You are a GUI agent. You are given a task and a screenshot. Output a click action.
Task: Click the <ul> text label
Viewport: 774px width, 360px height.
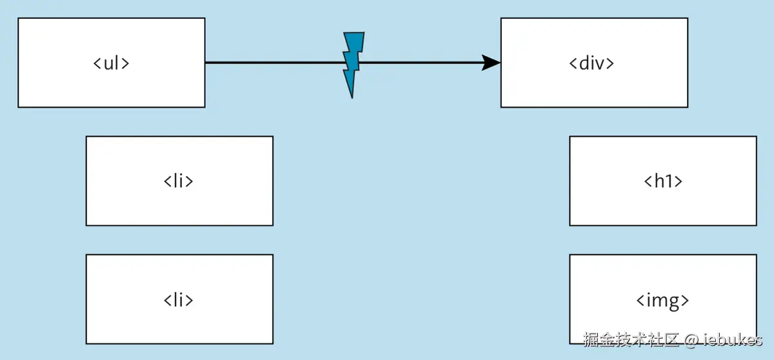pos(112,63)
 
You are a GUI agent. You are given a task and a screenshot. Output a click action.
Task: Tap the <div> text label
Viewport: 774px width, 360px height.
pos(591,63)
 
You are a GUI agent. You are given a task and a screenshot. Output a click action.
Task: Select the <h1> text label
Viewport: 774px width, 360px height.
pos(663,181)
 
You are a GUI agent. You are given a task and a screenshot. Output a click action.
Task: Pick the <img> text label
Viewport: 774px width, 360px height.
pos(663,300)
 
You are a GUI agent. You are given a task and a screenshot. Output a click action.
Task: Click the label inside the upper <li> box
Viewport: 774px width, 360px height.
pos(179,181)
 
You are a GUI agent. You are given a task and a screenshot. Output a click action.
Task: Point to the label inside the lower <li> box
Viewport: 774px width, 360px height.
pos(179,300)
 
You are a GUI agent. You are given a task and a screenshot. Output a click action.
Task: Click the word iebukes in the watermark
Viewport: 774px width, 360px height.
pos(733,339)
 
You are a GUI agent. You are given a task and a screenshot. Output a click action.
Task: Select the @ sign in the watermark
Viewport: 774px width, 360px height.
pos(691,339)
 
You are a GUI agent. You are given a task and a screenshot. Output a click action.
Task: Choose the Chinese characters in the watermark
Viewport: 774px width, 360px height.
pos(632,339)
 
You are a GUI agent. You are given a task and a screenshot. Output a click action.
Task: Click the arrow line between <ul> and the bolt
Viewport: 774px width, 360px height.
pos(274,63)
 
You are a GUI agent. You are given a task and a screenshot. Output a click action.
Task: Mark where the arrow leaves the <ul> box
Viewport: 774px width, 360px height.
pos(206,63)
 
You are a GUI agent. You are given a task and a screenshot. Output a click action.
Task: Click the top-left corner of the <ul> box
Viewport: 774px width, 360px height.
pos(18,18)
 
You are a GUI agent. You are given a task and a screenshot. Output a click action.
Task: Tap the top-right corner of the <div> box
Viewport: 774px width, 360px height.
pos(688,18)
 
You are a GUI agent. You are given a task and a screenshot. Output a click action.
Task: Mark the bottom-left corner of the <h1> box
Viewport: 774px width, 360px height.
pos(570,225)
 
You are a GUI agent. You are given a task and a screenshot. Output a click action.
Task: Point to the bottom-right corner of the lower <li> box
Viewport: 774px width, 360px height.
pos(273,343)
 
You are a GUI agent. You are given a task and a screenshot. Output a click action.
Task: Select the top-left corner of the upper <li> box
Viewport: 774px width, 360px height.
pos(86,136)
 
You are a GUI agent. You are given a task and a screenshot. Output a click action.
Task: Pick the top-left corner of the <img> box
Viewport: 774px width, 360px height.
pos(570,255)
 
